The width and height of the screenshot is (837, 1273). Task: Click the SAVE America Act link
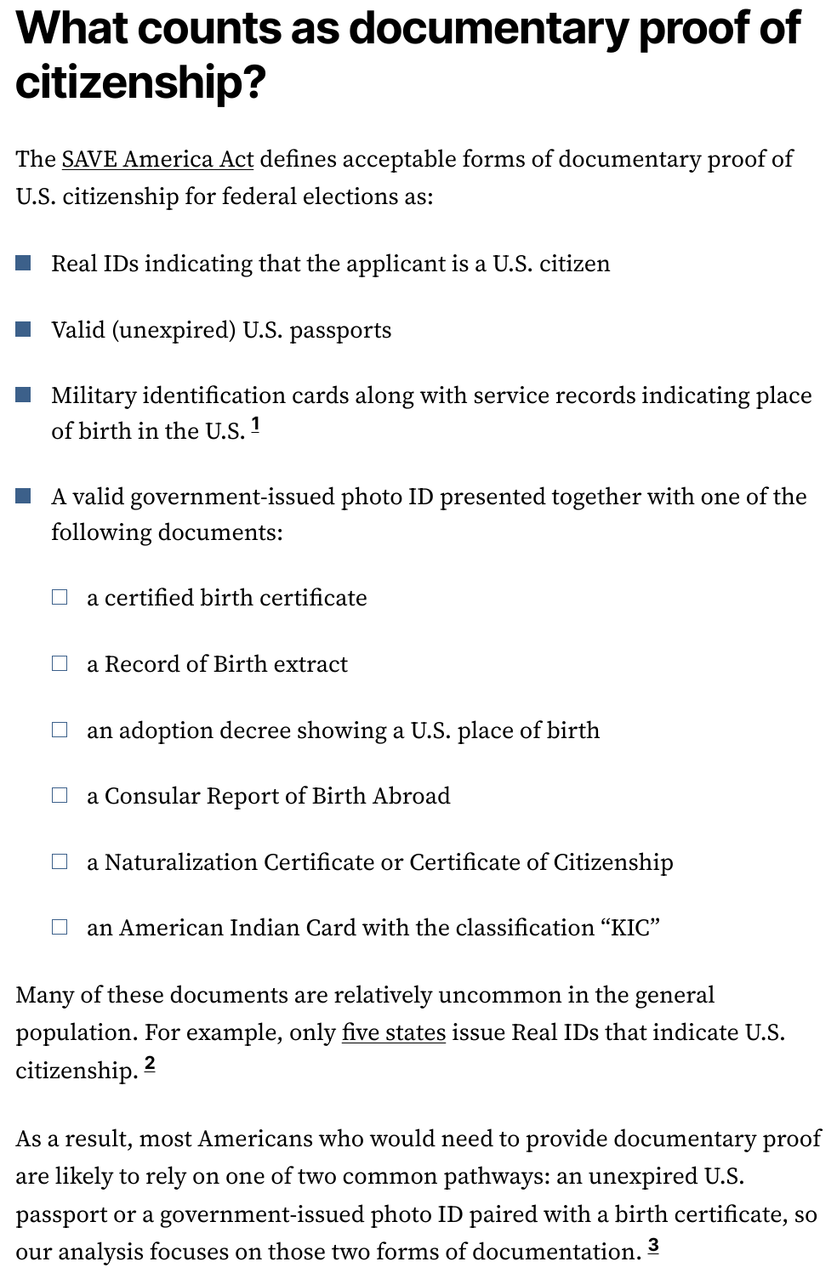[x=157, y=159]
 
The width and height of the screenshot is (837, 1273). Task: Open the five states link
[x=393, y=1032]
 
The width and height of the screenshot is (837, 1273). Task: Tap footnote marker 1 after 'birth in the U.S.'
[x=256, y=424]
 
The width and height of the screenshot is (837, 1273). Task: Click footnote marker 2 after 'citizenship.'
[x=150, y=1063]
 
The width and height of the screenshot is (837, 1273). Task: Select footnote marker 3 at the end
[x=652, y=1246]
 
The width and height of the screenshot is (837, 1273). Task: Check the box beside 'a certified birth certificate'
[x=60, y=597]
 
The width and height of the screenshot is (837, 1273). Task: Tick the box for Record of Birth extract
[x=60, y=663]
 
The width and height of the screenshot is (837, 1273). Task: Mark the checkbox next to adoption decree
[x=60, y=730]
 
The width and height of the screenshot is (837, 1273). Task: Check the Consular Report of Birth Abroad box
[x=60, y=795]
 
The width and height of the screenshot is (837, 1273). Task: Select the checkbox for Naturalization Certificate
[x=60, y=861]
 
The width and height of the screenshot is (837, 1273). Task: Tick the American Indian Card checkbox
[x=60, y=927]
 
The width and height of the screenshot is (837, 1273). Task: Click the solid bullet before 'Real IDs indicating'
[x=24, y=264]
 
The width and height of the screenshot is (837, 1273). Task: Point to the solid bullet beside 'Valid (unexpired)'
[x=24, y=329]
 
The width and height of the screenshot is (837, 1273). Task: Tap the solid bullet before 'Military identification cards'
[x=24, y=395]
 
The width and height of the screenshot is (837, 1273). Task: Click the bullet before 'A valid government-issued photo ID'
[x=24, y=496]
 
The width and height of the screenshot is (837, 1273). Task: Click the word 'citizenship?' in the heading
[x=140, y=82]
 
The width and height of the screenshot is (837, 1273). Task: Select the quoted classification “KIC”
[x=630, y=927]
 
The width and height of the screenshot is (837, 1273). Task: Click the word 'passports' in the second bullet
[x=340, y=330]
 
